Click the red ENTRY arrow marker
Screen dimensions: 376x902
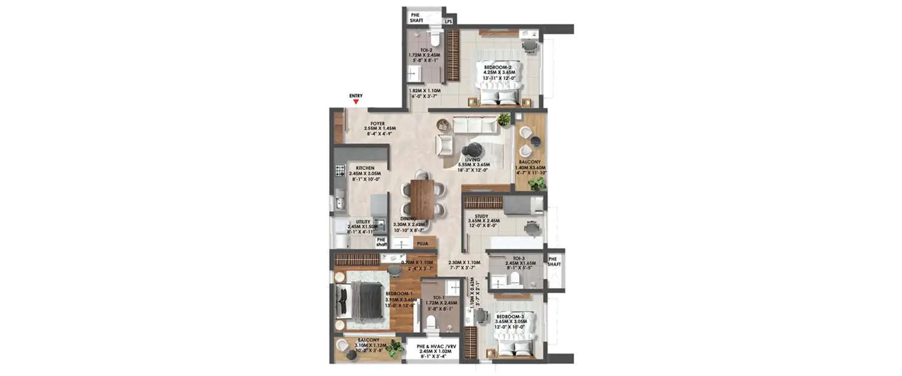point(355,102)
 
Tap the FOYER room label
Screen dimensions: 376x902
point(378,123)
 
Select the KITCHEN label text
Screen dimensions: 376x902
point(365,168)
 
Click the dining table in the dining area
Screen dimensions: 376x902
point(423,199)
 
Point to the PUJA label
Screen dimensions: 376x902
point(422,244)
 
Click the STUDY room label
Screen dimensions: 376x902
point(480,216)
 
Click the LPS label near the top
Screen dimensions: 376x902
point(449,22)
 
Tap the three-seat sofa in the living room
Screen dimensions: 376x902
point(475,125)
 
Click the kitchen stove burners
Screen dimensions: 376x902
point(340,170)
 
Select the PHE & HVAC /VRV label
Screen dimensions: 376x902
point(432,346)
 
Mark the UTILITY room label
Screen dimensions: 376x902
point(363,221)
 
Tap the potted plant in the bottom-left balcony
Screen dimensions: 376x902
point(394,348)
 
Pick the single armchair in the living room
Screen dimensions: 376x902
point(444,144)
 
